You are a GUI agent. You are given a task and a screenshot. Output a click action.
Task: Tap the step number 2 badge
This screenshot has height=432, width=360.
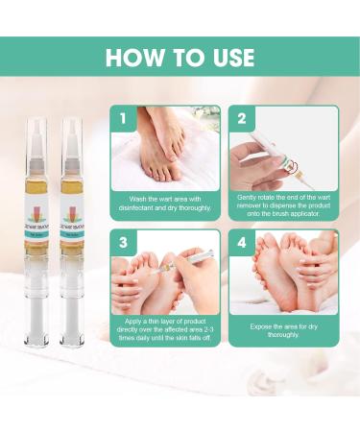241,119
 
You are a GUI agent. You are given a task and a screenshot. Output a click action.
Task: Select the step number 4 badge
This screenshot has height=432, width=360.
241,243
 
